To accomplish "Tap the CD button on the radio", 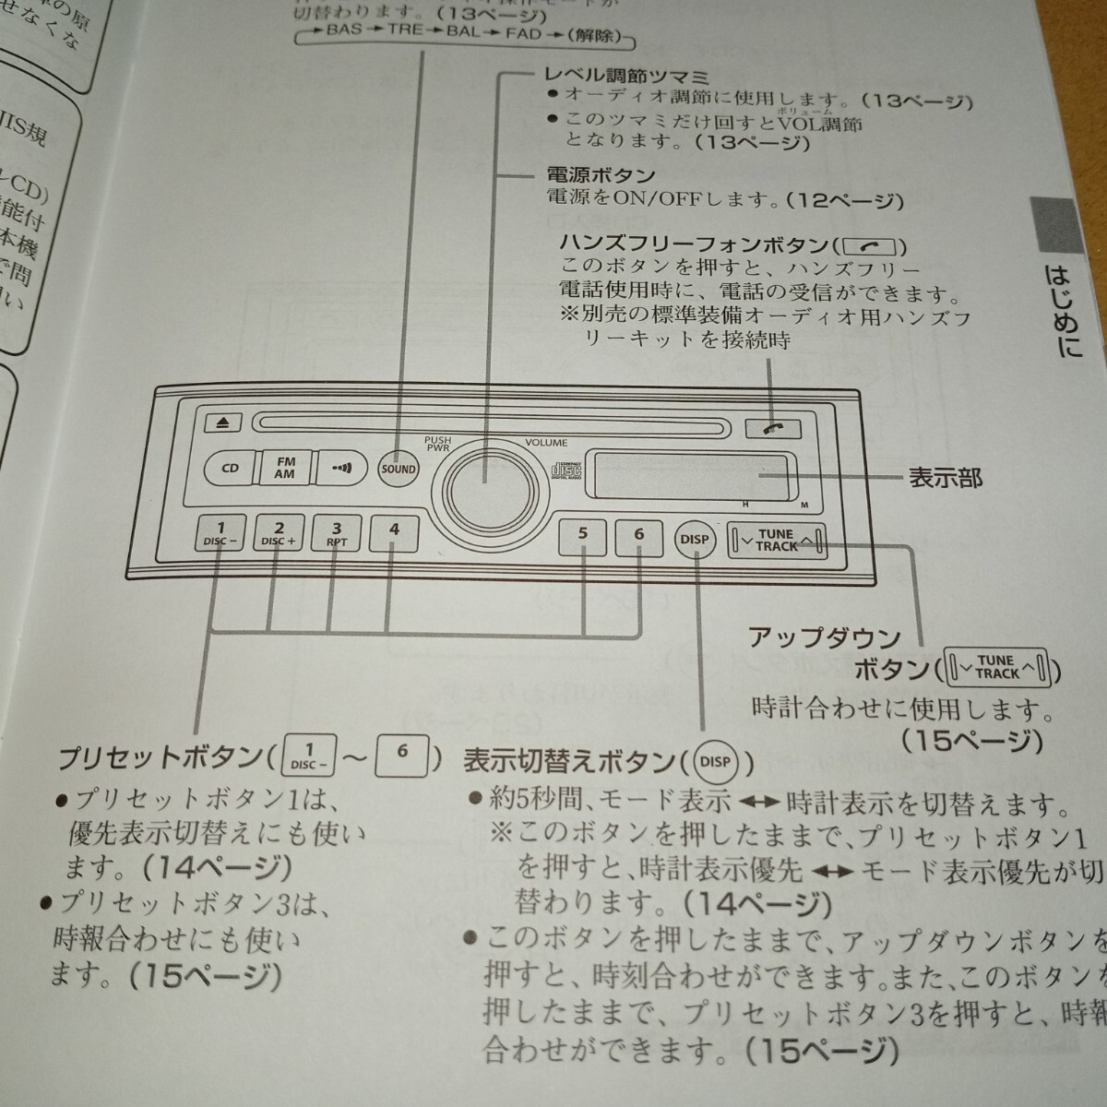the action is [231, 468].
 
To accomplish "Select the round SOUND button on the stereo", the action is [399, 469].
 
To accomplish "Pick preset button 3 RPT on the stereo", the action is [337, 534].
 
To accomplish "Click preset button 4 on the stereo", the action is [394, 531].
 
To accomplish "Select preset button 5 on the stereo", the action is [583, 535].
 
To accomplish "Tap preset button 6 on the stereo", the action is [639, 535].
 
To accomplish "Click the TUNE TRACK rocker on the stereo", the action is [776, 541].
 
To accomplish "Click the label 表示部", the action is [946, 478].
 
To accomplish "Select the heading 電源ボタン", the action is [601, 175].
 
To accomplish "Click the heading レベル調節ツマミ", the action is [627, 76].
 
